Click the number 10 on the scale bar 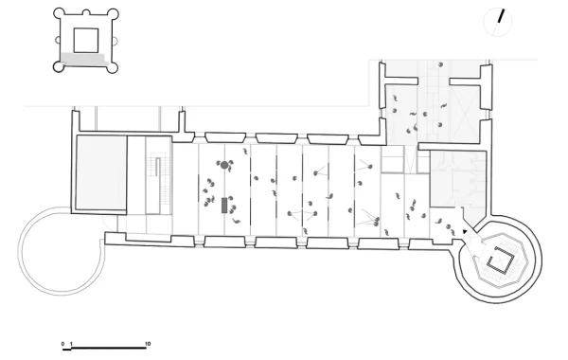coord(148,344)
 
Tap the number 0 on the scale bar coord(63,344)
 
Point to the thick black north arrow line coord(501,16)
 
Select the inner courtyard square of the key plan coord(86,40)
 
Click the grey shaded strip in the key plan coord(84,60)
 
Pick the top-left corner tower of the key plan coord(59,14)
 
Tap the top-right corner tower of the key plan coord(114,14)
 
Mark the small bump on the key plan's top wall coord(86,12)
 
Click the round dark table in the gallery coord(224,166)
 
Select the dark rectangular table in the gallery coord(224,206)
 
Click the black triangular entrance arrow coord(465,231)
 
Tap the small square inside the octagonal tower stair coord(500,260)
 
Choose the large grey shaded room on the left coord(100,172)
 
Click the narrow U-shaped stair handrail coord(157,168)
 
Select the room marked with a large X coord(465,115)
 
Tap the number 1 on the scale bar coord(71,344)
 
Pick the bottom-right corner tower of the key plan coord(114,67)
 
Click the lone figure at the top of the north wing coord(440,64)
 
